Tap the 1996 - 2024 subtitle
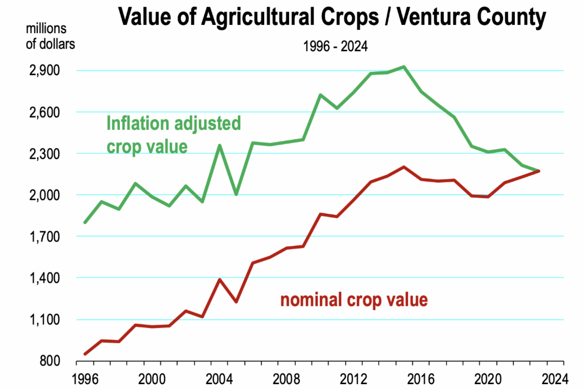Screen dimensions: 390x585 point(335,47)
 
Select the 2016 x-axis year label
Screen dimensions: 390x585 point(422,379)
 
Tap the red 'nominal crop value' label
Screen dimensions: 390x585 point(354,299)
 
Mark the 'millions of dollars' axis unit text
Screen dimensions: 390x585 point(50,36)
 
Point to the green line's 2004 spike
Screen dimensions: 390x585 point(219,145)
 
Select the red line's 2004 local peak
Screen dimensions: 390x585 point(219,280)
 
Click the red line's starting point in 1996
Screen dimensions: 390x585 point(85,354)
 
